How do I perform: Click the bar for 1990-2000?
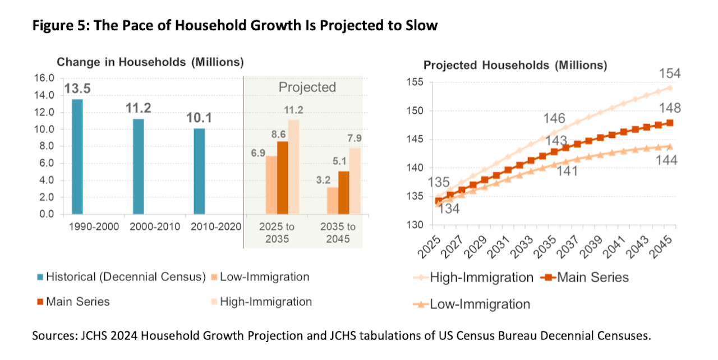[x=77, y=157]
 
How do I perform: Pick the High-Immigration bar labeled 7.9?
[x=355, y=181]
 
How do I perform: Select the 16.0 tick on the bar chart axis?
[x=45, y=78]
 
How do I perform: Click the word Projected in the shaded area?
[x=307, y=87]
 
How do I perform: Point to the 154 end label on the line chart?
[x=669, y=74]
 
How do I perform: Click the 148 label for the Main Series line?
[x=670, y=108]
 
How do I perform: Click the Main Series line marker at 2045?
[x=670, y=123]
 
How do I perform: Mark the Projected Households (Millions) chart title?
[x=515, y=65]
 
